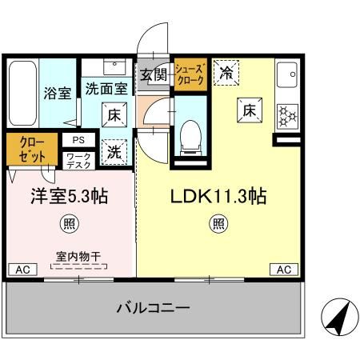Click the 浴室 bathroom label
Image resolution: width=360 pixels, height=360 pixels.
click(x=57, y=92)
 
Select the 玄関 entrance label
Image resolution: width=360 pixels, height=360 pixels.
click(x=154, y=76)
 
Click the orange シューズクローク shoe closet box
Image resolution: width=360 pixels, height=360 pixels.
click(x=190, y=75)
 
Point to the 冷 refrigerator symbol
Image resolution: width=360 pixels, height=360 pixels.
click(x=227, y=72)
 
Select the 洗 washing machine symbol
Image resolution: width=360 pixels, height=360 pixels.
click(x=115, y=150)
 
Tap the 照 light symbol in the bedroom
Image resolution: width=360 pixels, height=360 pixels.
click(x=70, y=223)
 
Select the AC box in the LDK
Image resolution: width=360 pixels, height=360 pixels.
click(x=282, y=270)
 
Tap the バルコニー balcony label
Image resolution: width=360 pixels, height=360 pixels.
click(x=152, y=307)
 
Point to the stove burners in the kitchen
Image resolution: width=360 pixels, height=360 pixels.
click(x=286, y=118)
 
